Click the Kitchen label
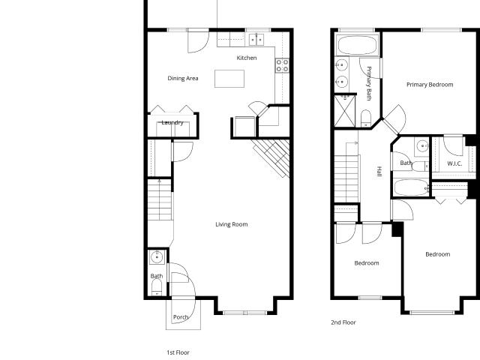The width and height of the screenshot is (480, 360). (247, 58)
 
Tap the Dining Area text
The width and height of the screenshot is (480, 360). (183, 78)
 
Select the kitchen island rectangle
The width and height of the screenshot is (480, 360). (229, 79)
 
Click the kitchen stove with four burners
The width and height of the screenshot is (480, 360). (282, 65)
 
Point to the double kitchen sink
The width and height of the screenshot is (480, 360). (256, 40)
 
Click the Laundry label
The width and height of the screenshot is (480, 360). (172, 123)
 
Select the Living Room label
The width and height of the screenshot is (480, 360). (232, 224)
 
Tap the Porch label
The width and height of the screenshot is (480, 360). (181, 317)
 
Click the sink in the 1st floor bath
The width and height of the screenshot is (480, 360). (157, 257)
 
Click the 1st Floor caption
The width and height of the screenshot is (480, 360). (178, 352)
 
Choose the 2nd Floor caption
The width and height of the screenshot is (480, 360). (343, 322)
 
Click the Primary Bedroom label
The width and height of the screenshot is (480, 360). (430, 85)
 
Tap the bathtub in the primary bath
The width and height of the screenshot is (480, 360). (357, 45)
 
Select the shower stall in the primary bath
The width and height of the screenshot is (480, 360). (345, 111)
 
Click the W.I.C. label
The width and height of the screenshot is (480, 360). (454, 163)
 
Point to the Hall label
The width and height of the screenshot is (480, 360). (379, 172)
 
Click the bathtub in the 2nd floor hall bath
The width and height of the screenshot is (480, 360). (411, 187)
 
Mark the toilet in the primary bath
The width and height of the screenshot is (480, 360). (366, 118)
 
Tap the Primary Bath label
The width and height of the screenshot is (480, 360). (368, 83)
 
